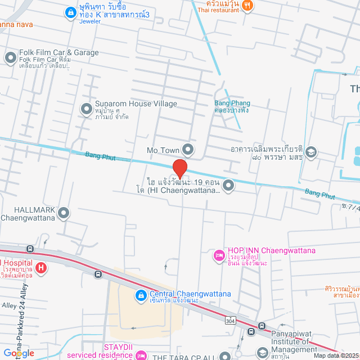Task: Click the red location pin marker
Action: coord(179,168)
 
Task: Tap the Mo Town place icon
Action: coord(188,150)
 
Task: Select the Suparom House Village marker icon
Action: coord(86,108)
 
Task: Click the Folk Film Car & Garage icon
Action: coord(10,57)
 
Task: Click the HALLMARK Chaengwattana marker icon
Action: coord(64,213)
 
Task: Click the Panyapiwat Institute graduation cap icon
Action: coord(262,352)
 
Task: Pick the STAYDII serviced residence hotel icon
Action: coord(142,355)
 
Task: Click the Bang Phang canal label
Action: coord(232,103)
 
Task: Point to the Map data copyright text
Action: coord(335,355)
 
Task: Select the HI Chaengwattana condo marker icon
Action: coord(228,184)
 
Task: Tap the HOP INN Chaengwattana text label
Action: coord(271,251)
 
